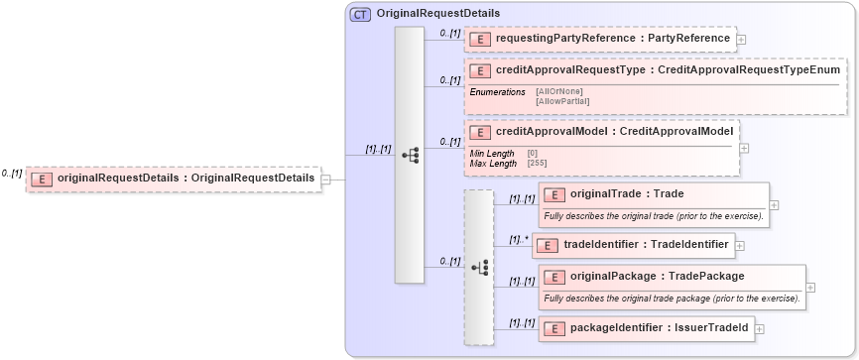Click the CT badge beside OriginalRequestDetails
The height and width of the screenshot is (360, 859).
click(x=360, y=14)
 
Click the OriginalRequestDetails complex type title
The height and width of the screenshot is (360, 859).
click(x=437, y=14)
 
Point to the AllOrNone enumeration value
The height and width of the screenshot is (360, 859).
click(x=553, y=91)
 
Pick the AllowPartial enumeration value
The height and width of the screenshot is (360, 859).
click(x=557, y=100)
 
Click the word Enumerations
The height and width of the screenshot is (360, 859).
click(x=497, y=91)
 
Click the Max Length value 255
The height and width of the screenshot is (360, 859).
click(x=537, y=162)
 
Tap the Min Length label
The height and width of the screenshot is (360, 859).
click(x=492, y=153)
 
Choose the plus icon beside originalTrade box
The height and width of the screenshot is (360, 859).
click(x=774, y=205)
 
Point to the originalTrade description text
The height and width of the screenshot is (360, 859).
click(x=653, y=215)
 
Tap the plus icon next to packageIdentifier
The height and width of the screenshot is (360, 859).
click(x=769, y=328)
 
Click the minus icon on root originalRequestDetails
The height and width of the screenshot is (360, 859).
click(x=325, y=179)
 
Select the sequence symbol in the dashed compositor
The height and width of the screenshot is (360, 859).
click(x=478, y=268)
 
